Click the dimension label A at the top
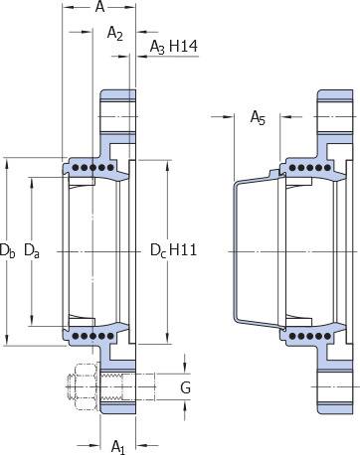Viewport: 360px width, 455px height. tap(99, 7)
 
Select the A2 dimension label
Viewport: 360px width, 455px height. tap(115, 34)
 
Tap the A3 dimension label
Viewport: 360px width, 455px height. tap(157, 47)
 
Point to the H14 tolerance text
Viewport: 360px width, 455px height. tap(183, 46)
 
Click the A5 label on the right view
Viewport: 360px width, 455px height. tap(258, 118)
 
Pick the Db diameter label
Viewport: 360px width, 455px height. tap(7, 250)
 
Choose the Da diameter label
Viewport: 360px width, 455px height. tap(32, 250)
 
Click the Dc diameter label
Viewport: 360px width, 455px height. tap(158, 250)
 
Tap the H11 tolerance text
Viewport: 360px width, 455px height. tap(183, 249)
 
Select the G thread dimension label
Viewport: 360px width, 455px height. tap(186, 387)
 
